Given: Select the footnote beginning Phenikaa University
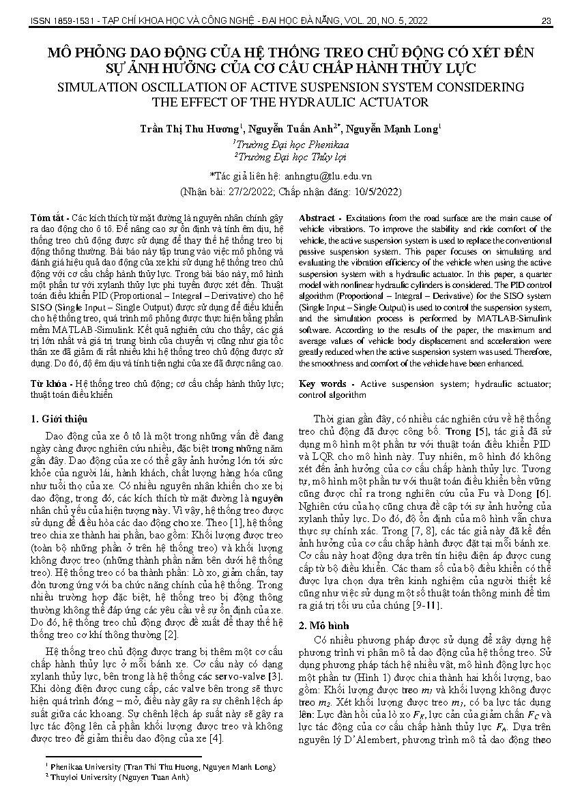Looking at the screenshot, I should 161,768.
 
